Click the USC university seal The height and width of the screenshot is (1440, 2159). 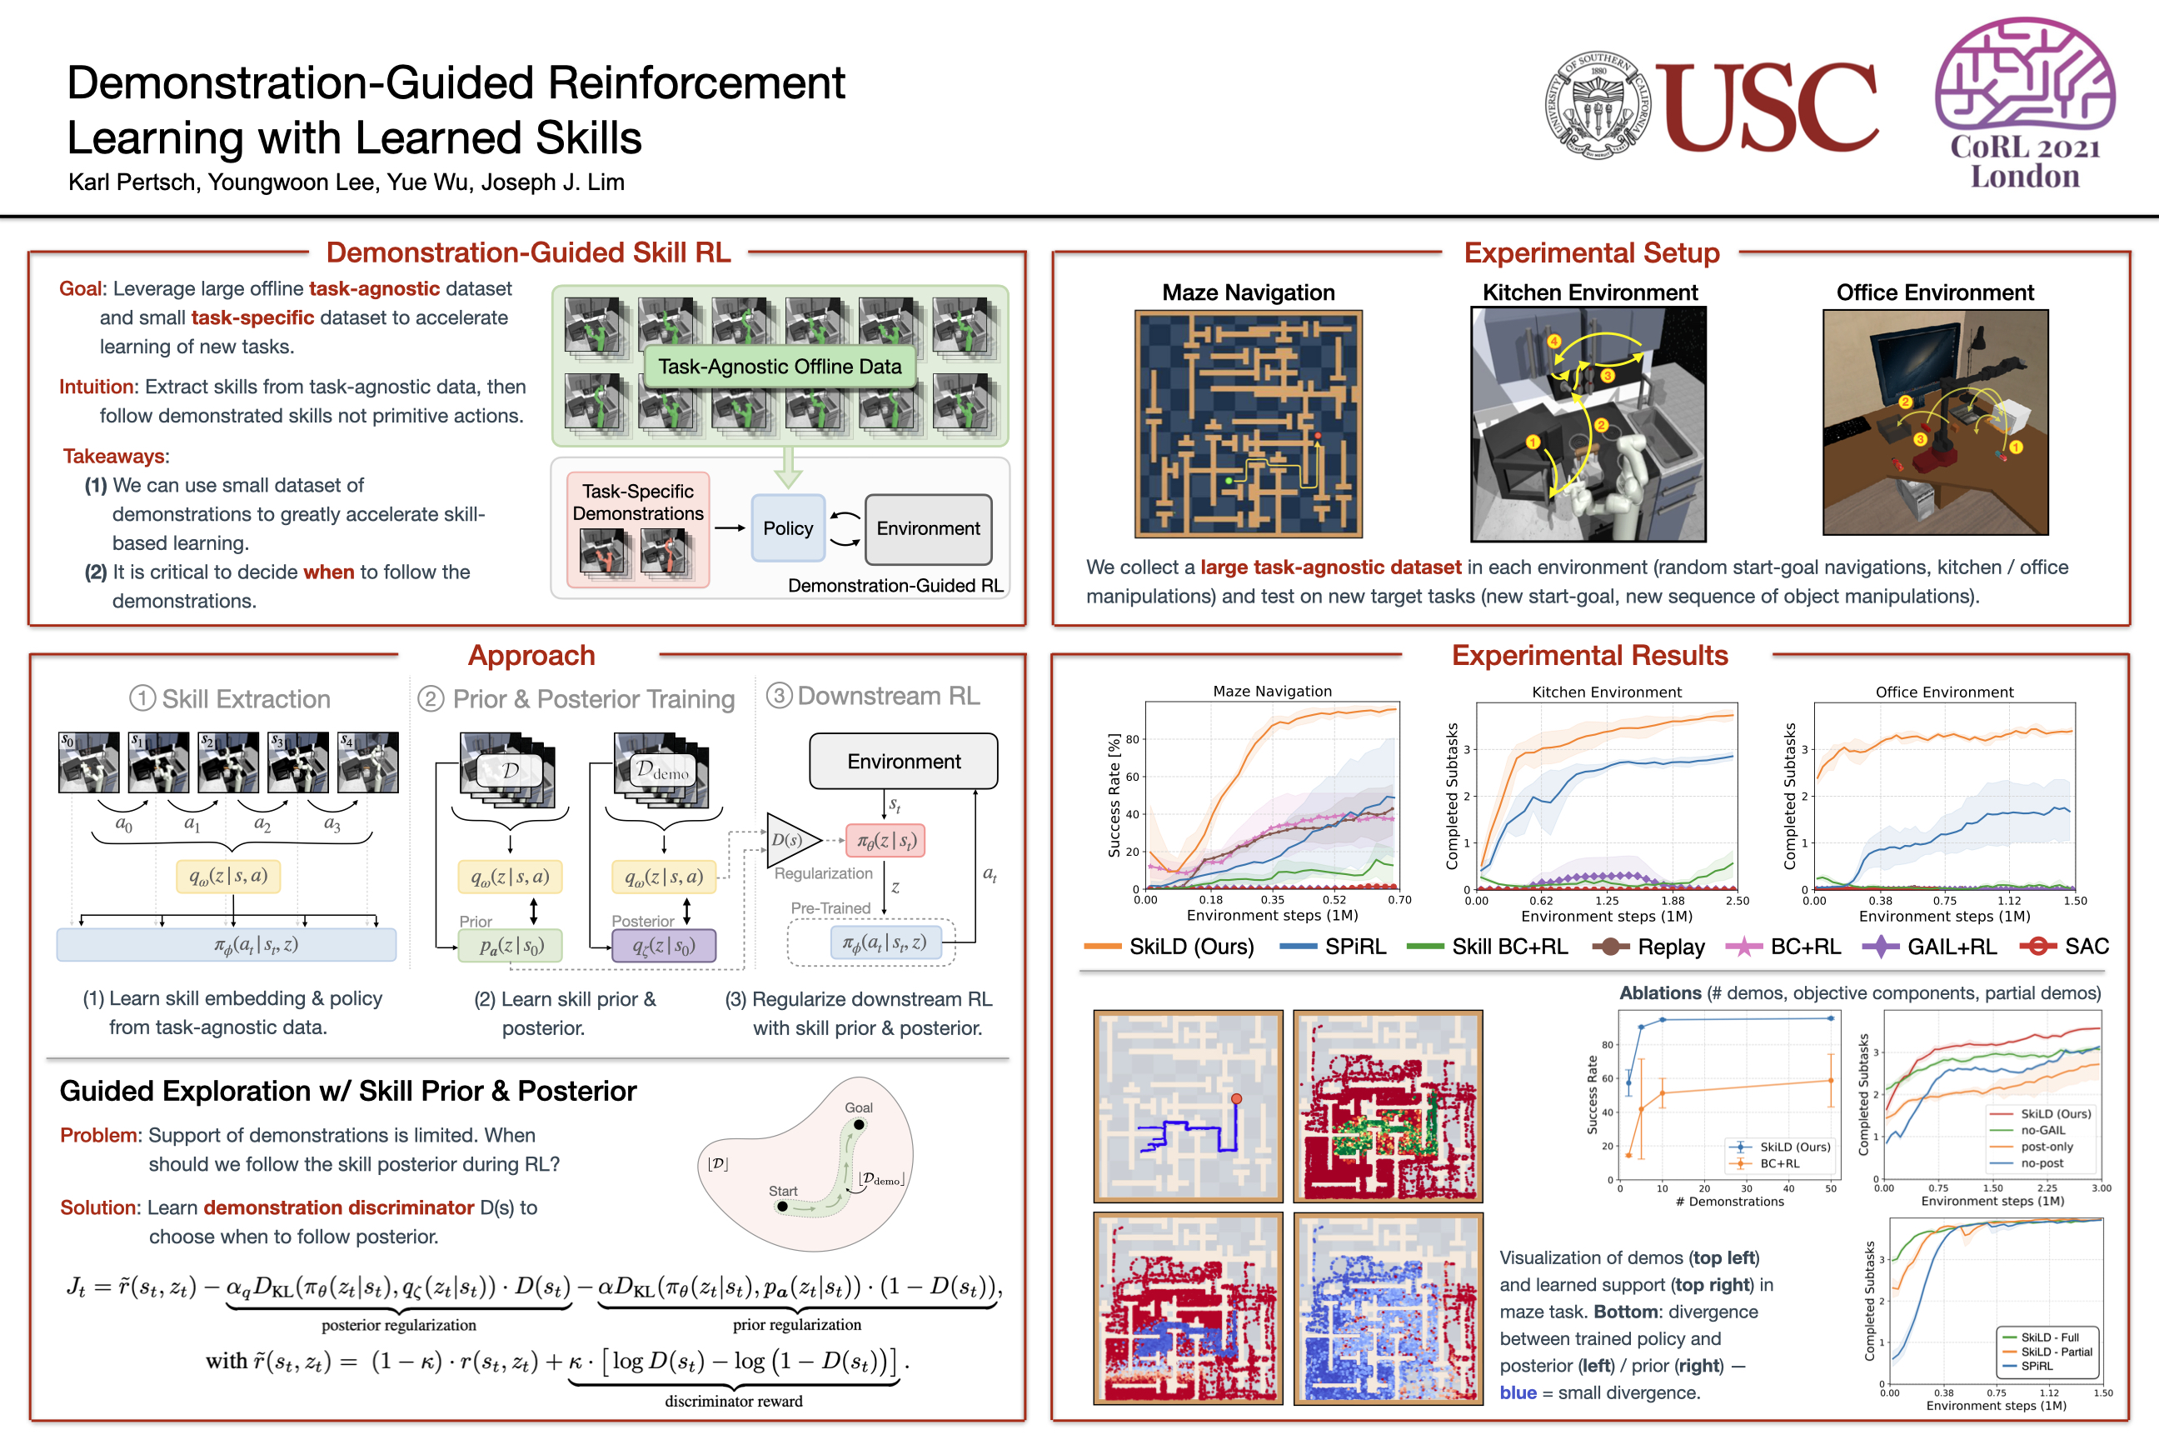(1598, 105)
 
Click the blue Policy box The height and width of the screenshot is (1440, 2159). (788, 528)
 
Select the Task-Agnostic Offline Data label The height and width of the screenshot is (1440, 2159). (780, 367)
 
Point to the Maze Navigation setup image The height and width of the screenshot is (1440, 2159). (1249, 423)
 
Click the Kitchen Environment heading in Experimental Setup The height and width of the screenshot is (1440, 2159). (1590, 293)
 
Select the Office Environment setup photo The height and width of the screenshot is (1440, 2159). (1935, 422)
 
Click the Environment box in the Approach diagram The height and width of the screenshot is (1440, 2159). (903, 762)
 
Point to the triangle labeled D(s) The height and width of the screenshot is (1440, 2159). (789, 839)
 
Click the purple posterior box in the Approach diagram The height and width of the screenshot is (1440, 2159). (664, 945)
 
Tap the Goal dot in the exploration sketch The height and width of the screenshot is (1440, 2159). (858, 1124)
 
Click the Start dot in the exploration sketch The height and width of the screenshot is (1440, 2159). (782, 1206)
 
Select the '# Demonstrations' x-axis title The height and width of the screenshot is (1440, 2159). (1729, 1201)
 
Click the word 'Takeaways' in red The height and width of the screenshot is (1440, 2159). (115, 457)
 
